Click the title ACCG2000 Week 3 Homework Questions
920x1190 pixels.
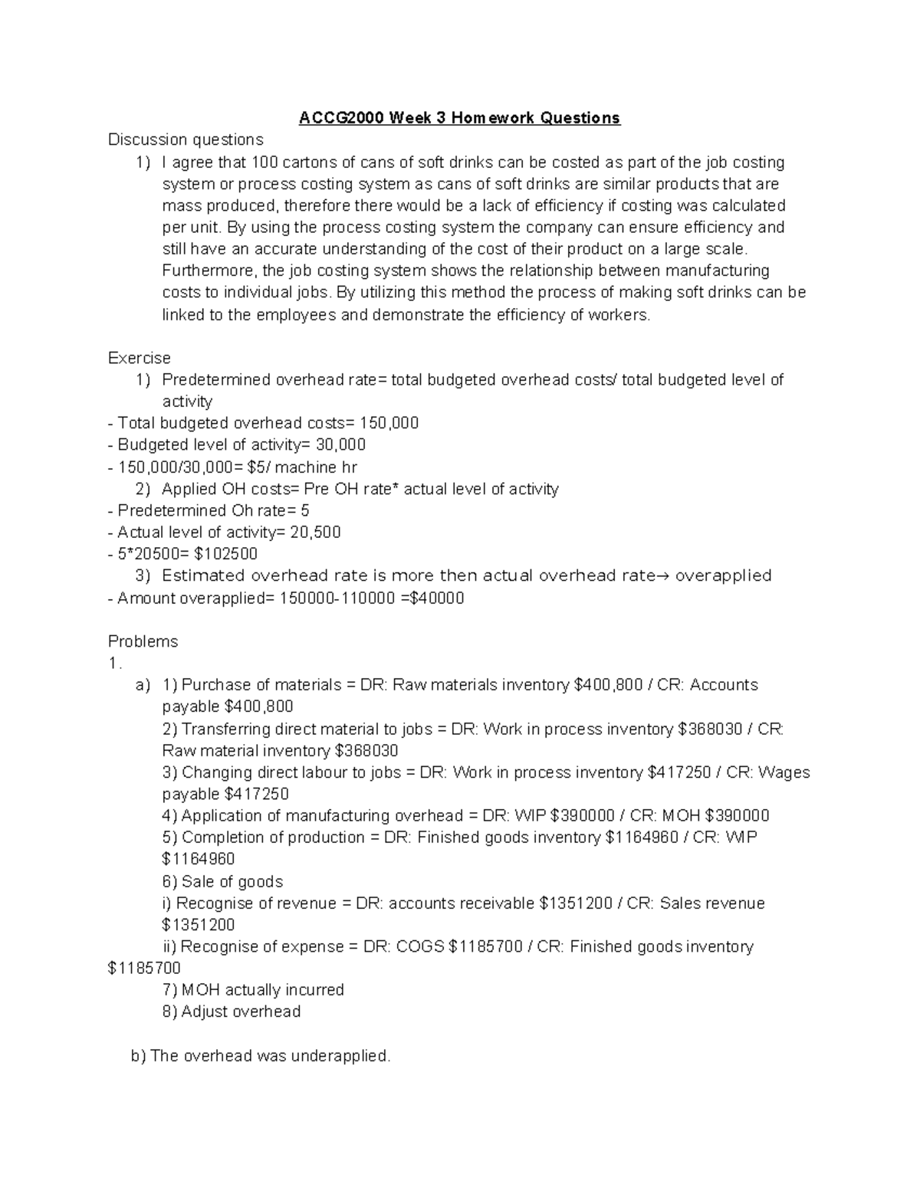click(459, 118)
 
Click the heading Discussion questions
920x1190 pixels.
click(186, 139)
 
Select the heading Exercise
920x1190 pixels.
click(140, 358)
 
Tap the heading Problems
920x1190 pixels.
click(143, 641)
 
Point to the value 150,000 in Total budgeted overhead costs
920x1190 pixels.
click(394, 423)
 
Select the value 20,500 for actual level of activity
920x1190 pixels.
click(314, 532)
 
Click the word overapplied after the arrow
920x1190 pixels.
click(723, 575)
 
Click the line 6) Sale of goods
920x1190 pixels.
click(223, 881)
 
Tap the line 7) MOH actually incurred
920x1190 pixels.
click(254, 990)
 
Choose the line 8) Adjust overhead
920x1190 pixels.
click(232, 1011)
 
